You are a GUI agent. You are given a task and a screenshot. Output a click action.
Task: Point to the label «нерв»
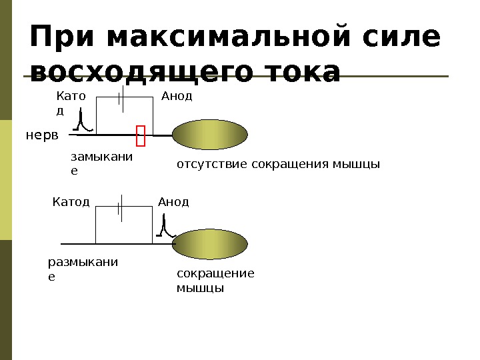click(42, 135)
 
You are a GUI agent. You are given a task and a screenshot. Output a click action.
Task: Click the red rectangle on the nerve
click(141, 135)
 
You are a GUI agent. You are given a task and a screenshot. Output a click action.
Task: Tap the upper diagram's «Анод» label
click(177, 96)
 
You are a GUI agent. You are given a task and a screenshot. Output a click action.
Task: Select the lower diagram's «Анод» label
click(173, 201)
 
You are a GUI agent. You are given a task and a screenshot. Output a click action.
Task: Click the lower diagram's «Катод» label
click(71, 201)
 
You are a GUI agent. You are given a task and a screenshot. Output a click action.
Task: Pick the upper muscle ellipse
click(210, 135)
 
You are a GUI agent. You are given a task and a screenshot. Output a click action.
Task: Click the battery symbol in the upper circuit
click(121, 99)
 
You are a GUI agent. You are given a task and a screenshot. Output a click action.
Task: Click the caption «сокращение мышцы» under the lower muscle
click(215, 281)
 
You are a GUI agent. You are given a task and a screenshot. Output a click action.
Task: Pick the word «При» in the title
click(63, 38)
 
